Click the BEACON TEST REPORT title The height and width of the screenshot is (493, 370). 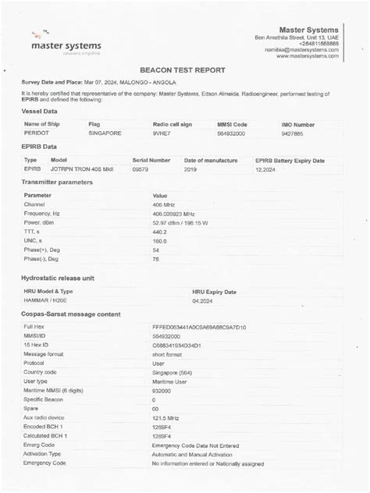click(x=184, y=69)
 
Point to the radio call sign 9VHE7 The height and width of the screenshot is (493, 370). click(x=163, y=134)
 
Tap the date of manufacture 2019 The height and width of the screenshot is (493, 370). click(x=190, y=168)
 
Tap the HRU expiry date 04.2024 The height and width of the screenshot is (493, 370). click(x=202, y=300)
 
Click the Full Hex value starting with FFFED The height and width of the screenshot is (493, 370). click(x=199, y=327)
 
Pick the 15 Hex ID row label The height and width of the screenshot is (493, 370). click(x=37, y=345)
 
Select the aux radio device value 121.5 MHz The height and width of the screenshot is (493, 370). click(x=166, y=418)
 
